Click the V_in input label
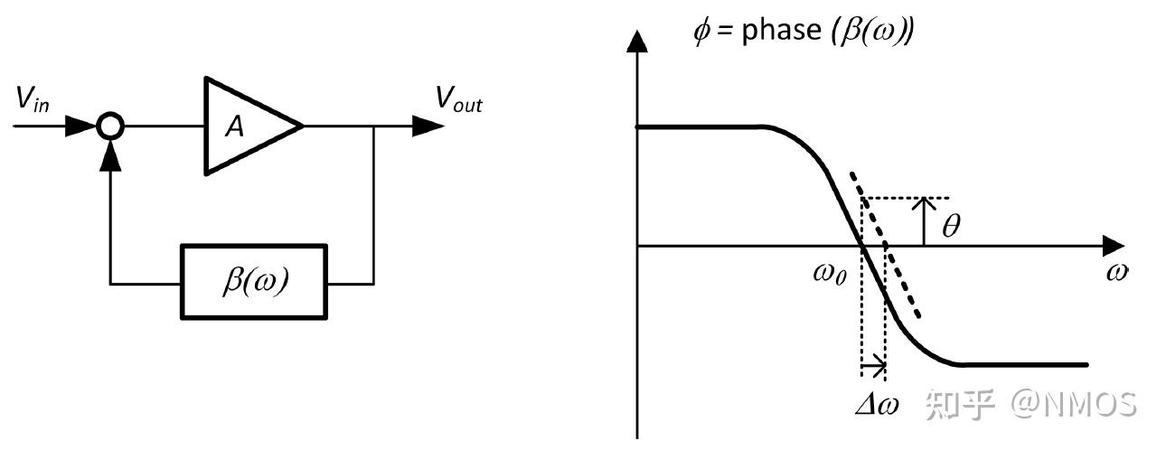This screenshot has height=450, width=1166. pos(33,99)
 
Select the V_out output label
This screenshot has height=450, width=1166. pos(458,100)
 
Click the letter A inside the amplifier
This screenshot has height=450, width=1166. pos(234,127)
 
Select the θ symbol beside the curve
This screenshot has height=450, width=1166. pos(951,226)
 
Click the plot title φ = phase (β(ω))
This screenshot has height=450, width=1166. pos(803,33)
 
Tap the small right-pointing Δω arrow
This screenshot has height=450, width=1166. pos(873,367)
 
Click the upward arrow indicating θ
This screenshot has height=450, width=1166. pos(924,220)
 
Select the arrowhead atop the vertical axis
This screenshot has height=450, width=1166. pos(638,42)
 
